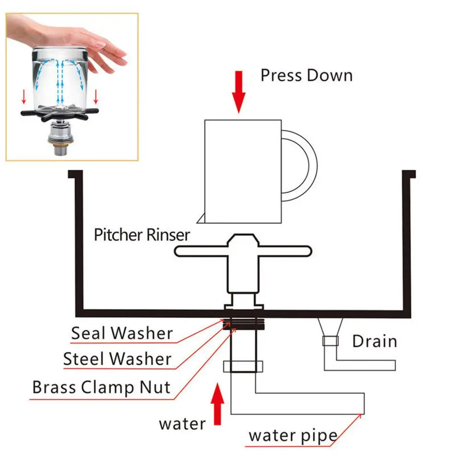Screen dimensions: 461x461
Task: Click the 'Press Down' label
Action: pos(306,75)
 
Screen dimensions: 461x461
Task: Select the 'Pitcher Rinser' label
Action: pos(142,235)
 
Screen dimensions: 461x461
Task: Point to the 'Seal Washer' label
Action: pos(122,333)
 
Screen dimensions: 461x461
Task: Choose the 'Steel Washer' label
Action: pos(117,359)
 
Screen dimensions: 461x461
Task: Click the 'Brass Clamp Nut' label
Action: pos(101,387)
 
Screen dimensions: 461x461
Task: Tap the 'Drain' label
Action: pos(374,342)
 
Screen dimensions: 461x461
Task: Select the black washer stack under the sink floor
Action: pos(244,324)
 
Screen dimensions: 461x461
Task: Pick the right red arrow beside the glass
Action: pos(96,96)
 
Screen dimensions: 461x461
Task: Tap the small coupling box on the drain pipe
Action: pos(330,341)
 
